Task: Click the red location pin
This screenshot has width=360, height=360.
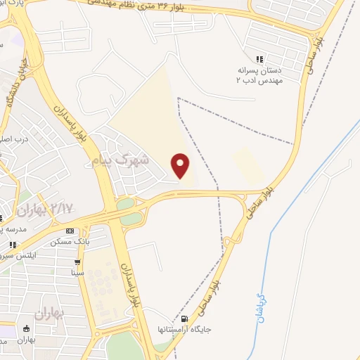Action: (x=181, y=165)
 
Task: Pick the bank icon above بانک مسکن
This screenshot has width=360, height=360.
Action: (x=70, y=231)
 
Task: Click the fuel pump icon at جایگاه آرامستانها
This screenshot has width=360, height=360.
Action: (x=184, y=317)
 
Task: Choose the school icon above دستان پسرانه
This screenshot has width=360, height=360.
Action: (x=260, y=59)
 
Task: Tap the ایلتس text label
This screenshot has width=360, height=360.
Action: (x=20, y=258)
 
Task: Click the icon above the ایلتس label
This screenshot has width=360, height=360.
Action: (x=13, y=245)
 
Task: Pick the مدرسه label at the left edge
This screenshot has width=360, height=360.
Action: (x=13, y=229)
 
